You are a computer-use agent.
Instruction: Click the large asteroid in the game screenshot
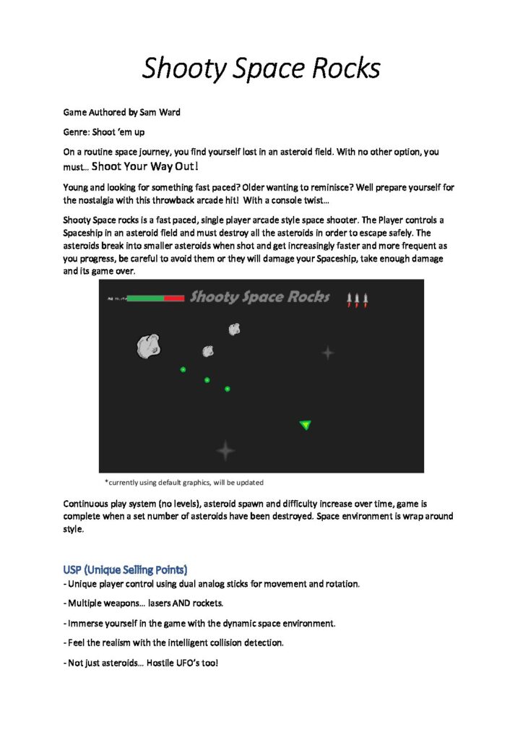(148, 346)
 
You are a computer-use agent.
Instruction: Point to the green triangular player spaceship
(306, 425)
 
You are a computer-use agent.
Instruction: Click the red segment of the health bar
(174, 298)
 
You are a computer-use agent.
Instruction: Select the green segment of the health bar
(144, 298)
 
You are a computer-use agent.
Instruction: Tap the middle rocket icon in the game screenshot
(357, 298)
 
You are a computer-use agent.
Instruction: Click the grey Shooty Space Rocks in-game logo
(259, 297)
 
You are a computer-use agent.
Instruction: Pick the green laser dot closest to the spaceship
(227, 389)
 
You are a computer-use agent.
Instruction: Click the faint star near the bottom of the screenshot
(225, 451)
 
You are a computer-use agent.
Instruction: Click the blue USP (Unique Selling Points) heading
(126, 569)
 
